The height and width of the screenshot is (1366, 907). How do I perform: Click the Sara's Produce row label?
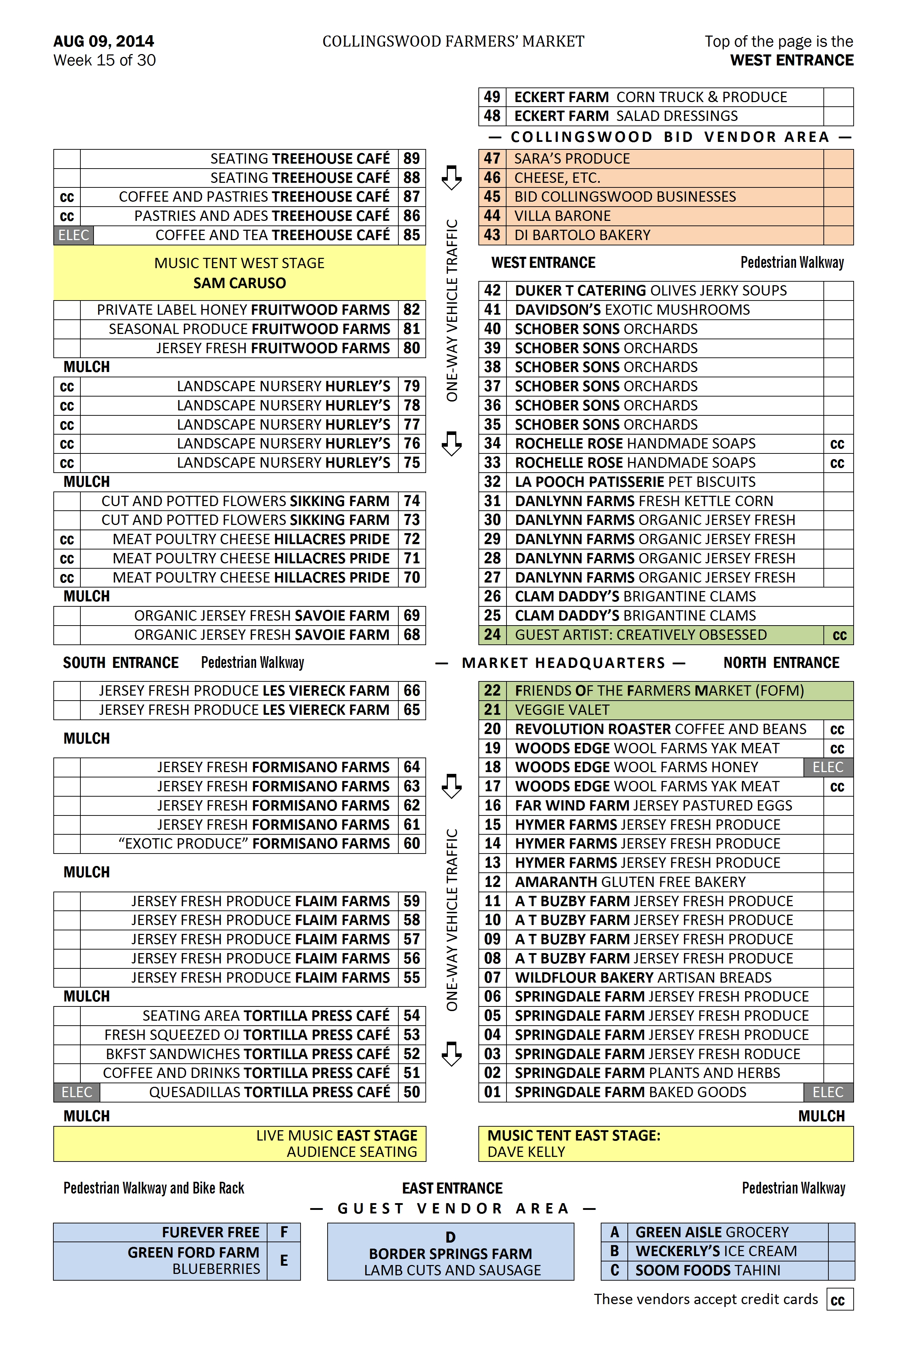pos(572,159)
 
